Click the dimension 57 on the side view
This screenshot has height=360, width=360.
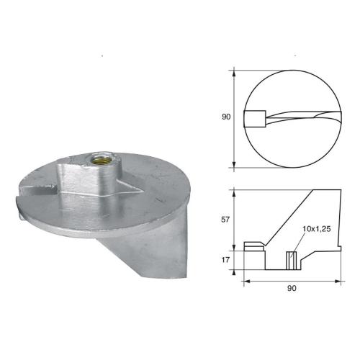225,220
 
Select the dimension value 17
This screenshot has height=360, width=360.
225,258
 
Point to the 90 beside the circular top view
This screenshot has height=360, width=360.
226,117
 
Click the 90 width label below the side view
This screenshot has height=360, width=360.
291,287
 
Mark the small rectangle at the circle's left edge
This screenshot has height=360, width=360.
254,117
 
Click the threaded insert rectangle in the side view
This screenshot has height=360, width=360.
292,257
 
